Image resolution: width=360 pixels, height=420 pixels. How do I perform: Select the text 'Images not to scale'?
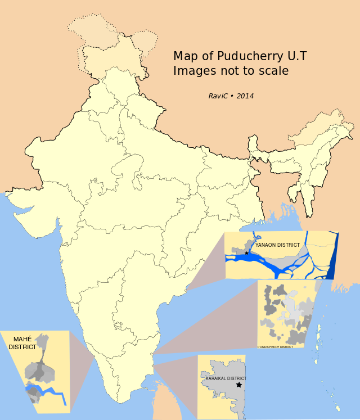coord(231,71)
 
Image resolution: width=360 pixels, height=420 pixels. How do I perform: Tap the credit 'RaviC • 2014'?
coord(231,96)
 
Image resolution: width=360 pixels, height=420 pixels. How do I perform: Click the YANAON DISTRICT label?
coord(277,246)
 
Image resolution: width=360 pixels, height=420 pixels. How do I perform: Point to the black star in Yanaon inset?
coord(247,254)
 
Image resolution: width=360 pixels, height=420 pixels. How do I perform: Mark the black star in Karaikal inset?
coord(239,385)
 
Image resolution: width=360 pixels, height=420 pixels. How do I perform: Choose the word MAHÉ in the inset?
coord(19,339)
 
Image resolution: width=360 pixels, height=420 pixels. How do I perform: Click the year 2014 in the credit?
coord(245,96)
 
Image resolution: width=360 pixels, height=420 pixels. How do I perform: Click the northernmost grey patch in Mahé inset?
coord(41,340)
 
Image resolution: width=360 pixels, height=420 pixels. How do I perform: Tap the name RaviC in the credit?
coord(218,96)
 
